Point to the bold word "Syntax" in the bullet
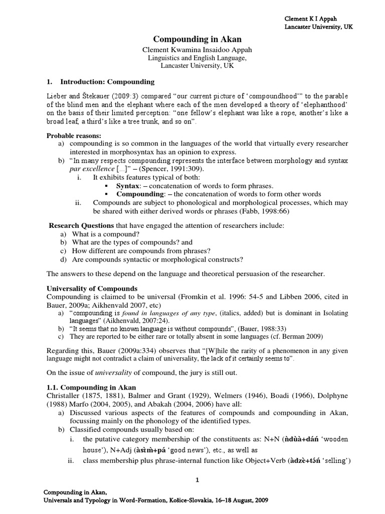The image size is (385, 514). tap(128, 186)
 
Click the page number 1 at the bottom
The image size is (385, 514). tap(198, 480)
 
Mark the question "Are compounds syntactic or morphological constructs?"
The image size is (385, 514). tap(157, 259)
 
